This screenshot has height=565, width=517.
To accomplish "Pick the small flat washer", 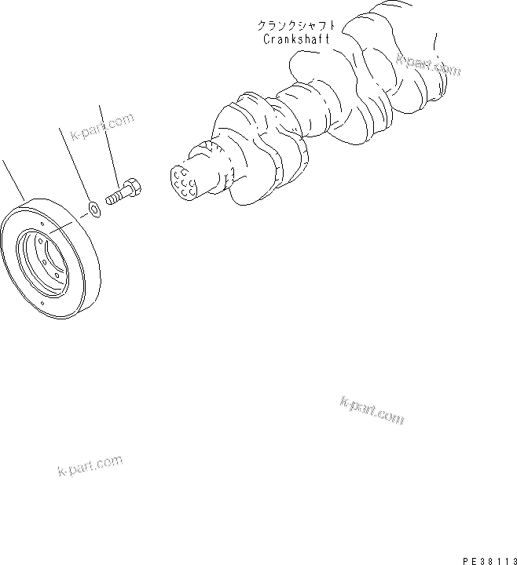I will point(93,209).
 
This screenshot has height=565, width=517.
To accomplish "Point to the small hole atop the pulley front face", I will point(42,230).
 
